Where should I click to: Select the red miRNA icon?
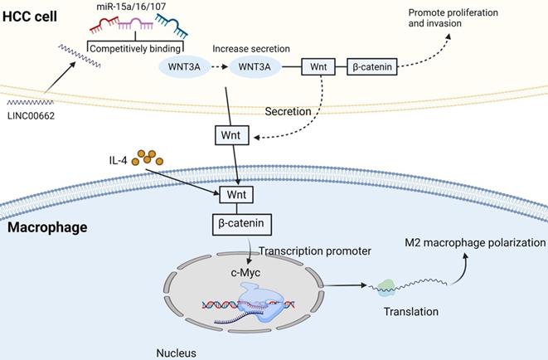[x=107, y=30]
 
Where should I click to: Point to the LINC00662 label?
[x=31, y=114]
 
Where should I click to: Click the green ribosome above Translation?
[x=386, y=288]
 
